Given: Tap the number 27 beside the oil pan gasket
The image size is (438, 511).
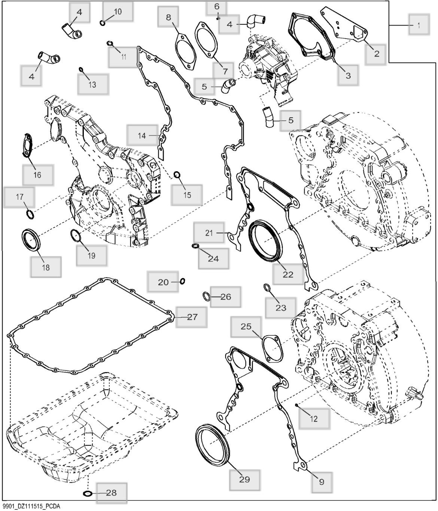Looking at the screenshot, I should [192, 317].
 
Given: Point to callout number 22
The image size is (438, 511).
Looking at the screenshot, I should [288, 274].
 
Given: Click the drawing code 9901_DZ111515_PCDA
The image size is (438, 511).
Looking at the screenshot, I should [30, 507].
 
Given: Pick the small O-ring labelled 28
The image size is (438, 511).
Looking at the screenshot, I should [87, 493].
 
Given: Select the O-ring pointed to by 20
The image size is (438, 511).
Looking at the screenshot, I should [182, 281].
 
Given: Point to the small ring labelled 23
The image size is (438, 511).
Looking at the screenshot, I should [267, 288].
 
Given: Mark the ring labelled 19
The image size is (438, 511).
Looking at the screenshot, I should [76, 236].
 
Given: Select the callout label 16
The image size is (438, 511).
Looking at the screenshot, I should [37, 175].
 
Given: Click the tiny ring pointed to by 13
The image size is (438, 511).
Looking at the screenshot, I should [81, 69].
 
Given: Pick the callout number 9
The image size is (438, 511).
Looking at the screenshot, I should [322, 482].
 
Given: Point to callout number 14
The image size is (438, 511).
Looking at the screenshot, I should [142, 136].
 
